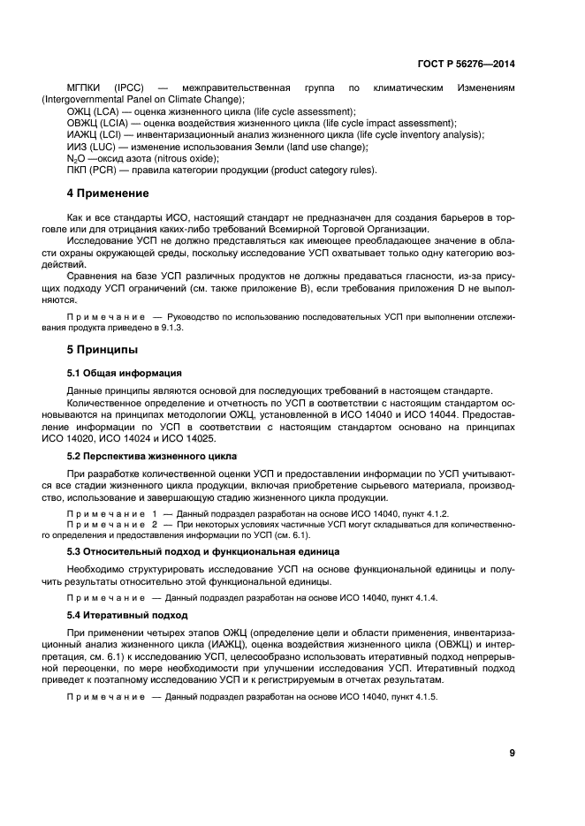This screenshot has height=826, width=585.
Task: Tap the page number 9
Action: click(512, 753)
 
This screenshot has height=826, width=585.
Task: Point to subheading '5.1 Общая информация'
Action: click(125, 373)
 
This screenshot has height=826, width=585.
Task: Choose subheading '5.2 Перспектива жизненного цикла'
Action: click(151, 456)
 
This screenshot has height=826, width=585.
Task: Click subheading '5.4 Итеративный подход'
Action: click(127, 614)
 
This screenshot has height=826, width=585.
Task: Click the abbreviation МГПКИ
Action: click(85, 88)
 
